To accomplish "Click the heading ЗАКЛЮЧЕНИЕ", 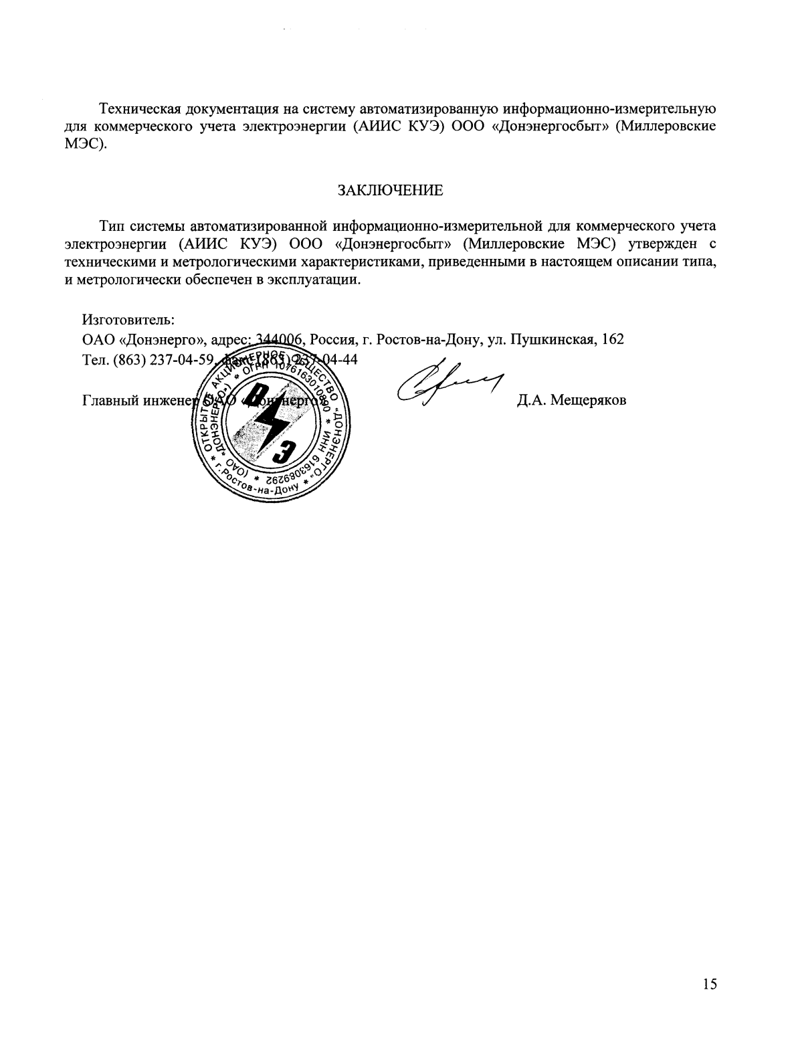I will point(390,190).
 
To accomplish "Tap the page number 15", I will point(710,983).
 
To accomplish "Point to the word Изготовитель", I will point(128,320).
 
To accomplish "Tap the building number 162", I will point(613,339).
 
